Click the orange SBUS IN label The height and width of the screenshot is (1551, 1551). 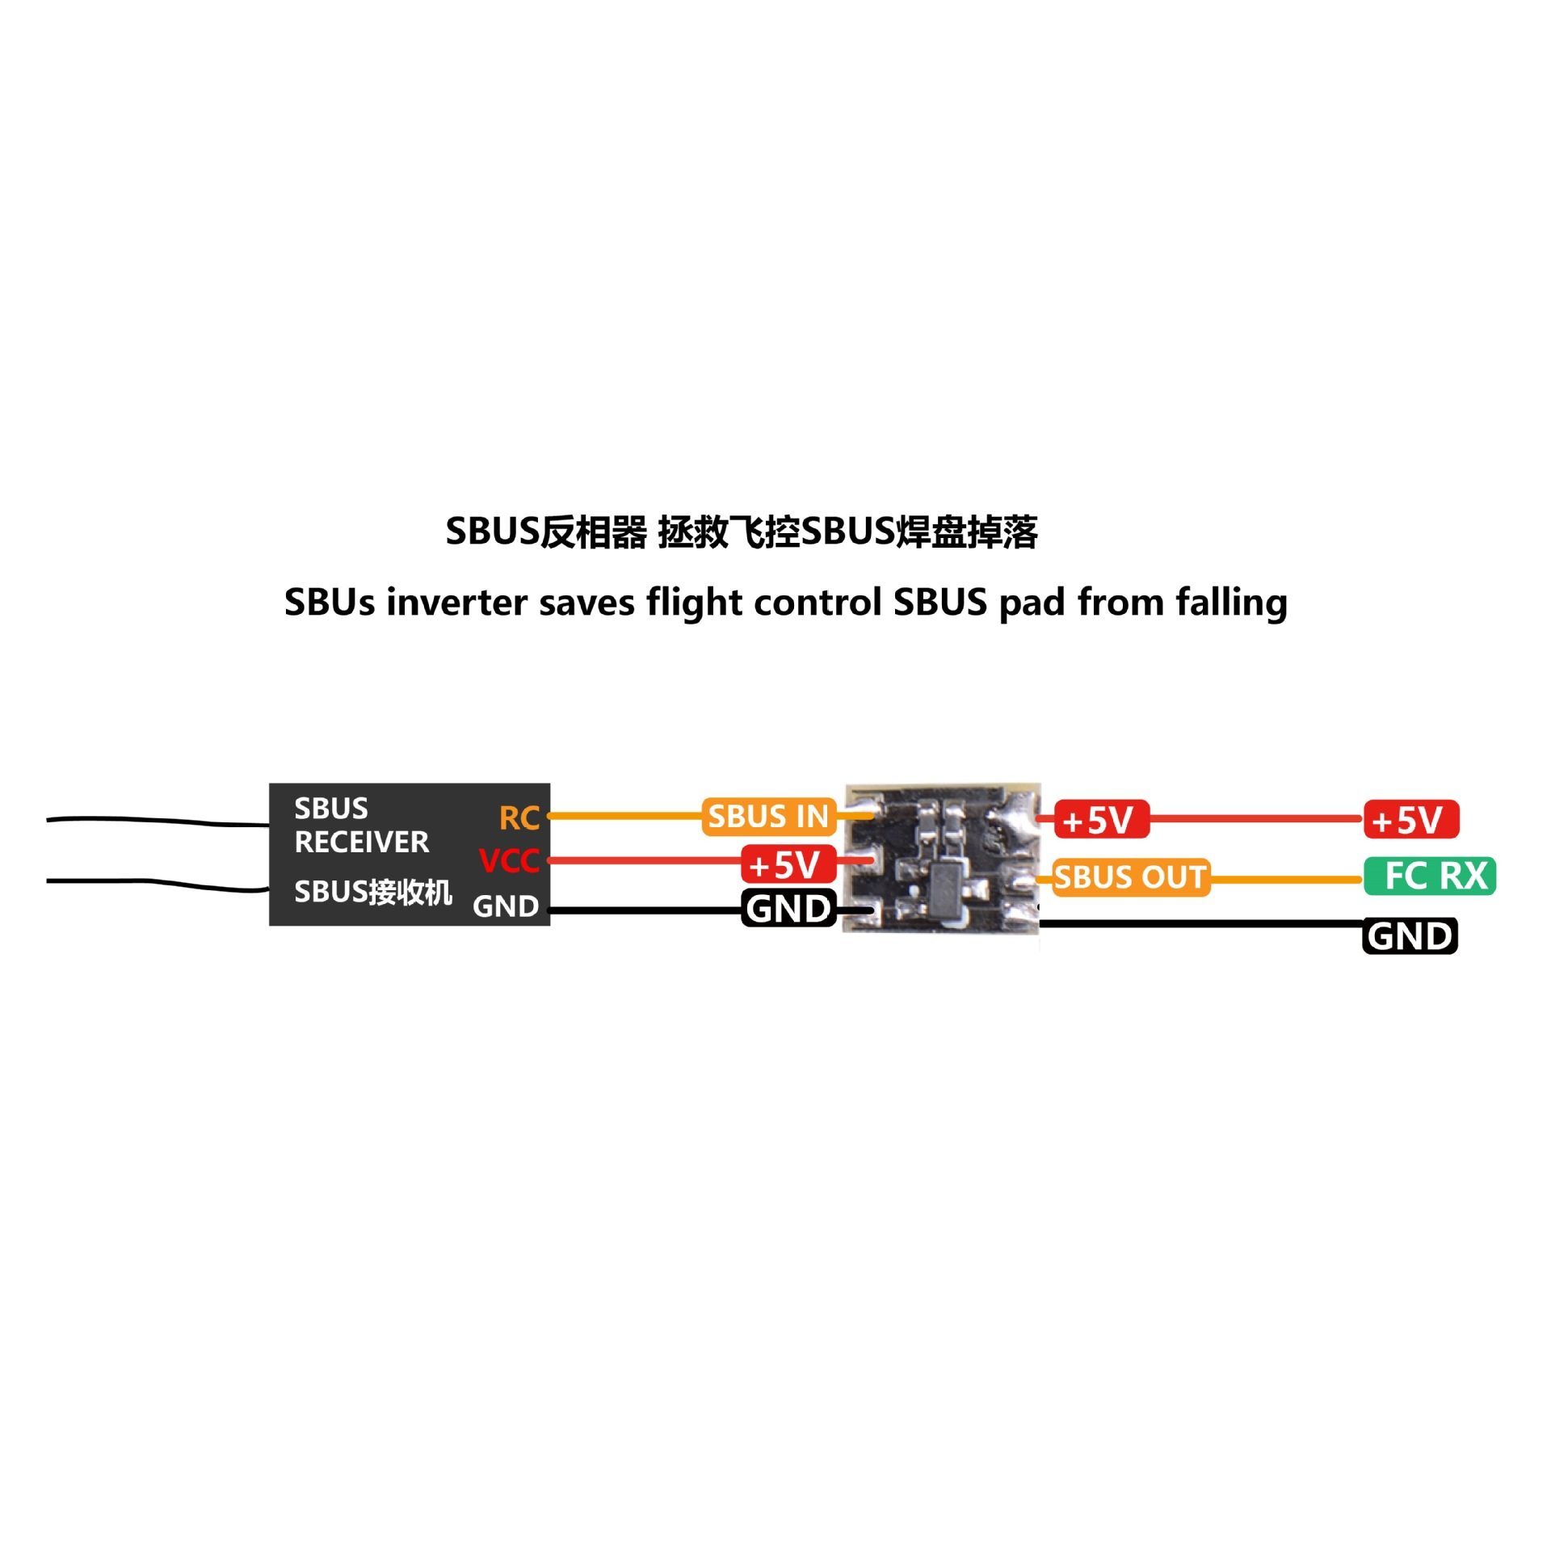pyautogui.click(x=768, y=816)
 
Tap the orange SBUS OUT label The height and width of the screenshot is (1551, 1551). pyautogui.click(x=1130, y=876)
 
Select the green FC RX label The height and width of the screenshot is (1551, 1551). pyautogui.click(x=1429, y=876)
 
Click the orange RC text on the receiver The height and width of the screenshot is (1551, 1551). pyautogui.click(x=519, y=818)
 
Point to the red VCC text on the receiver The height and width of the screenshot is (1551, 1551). pyautogui.click(x=508, y=860)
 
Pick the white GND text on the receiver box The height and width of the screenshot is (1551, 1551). pyautogui.click(x=505, y=906)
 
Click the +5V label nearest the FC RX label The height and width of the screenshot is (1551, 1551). pyautogui.click(x=1410, y=819)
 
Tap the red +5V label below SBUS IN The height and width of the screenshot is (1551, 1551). pyautogui.click(x=788, y=864)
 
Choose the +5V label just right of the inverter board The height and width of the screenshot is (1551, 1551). pyautogui.click(x=1100, y=820)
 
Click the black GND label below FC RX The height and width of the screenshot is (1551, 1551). pyautogui.click(x=1410, y=936)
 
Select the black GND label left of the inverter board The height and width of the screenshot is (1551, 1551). pyautogui.click(x=788, y=909)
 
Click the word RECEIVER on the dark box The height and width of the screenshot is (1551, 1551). pyautogui.click(x=361, y=843)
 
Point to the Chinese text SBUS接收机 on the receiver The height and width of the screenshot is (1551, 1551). pyautogui.click(x=372, y=892)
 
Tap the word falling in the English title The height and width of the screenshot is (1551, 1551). pyautogui.click(x=1231, y=603)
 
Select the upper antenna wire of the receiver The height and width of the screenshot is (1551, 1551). pyautogui.click(x=153, y=821)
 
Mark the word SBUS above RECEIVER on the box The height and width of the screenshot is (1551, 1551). pyautogui.click(x=331, y=809)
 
